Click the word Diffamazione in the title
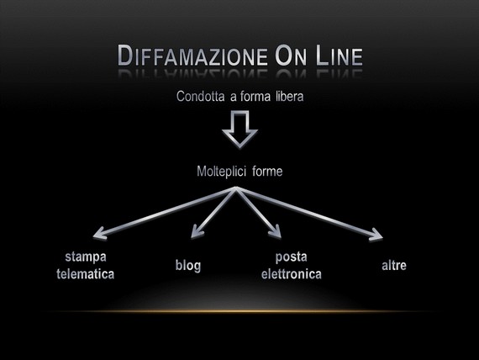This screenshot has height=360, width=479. coord(192,56)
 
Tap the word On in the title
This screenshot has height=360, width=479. coord(291,56)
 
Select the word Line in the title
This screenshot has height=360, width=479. coord(340,56)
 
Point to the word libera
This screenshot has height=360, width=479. coord(290,97)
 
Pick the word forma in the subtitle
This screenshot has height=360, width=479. coord(255,97)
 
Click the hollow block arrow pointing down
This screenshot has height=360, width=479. coord(239,130)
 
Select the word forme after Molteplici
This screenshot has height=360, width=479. coord(267,172)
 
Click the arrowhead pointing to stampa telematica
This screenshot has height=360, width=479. coord(100,233)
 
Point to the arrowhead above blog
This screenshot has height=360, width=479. coord(197,231)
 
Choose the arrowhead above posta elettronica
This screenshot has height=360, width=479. coord(276,231)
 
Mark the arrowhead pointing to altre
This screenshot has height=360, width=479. coord(376,235)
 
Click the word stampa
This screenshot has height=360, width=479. coord(86,257)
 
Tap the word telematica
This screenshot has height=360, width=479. coord(85,274)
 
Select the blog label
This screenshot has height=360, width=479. coord(188,266)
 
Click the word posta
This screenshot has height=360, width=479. coord(291,257)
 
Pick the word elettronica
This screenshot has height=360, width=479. coord(291,274)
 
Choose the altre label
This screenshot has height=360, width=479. coord(394,266)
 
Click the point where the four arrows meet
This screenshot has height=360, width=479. coord(236,188)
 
